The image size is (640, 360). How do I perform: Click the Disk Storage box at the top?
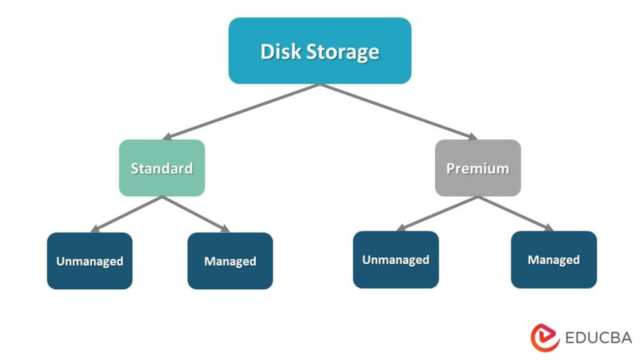(x=319, y=51)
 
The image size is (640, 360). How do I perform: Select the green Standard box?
(x=162, y=167)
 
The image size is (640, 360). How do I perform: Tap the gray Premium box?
(x=477, y=167)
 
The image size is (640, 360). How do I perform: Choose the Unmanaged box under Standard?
(x=89, y=261)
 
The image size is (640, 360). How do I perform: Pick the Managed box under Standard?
(x=230, y=261)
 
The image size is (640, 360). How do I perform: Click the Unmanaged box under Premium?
(x=396, y=259)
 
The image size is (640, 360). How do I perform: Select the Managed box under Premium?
(x=554, y=259)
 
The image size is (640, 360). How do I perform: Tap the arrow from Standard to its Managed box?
(x=196, y=214)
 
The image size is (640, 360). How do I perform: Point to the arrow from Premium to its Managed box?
(x=515, y=213)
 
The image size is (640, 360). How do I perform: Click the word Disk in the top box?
(x=280, y=51)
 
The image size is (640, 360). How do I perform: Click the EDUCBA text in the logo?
(x=597, y=338)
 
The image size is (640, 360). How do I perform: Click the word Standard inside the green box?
(x=162, y=168)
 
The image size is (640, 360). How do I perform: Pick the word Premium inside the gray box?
(x=477, y=168)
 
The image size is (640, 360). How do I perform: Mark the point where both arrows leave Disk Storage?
(x=320, y=85)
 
